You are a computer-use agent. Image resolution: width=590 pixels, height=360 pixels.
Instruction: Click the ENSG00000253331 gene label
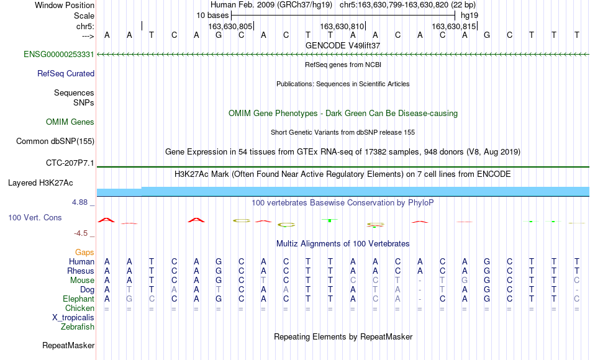click(x=59, y=54)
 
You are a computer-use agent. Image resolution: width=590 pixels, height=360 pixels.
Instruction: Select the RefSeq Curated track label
click(x=66, y=73)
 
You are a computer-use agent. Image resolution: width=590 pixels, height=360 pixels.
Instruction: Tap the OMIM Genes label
click(x=70, y=122)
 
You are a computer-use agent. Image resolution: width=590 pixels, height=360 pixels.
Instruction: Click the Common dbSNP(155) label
click(x=55, y=141)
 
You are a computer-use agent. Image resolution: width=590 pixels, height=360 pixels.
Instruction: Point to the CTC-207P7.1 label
click(x=70, y=163)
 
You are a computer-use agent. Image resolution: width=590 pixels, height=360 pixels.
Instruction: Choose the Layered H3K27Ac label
click(x=40, y=183)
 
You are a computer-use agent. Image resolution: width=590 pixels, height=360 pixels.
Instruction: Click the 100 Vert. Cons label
click(x=35, y=217)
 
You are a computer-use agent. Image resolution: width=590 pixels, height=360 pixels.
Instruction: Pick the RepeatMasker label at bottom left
click(x=68, y=345)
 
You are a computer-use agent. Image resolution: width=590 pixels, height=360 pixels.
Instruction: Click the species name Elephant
click(x=79, y=299)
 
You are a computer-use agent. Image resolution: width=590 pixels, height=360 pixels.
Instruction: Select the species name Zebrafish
click(x=78, y=326)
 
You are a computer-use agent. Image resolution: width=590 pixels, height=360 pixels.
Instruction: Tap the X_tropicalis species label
click(x=73, y=318)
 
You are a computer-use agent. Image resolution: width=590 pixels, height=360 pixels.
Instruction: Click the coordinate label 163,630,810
click(x=342, y=26)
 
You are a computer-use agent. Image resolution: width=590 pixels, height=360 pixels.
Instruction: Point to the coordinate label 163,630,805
click(x=230, y=26)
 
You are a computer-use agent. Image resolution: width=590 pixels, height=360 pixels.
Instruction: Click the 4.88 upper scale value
click(x=79, y=202)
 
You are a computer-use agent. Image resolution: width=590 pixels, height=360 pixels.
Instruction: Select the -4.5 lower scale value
click(x=81, y=233)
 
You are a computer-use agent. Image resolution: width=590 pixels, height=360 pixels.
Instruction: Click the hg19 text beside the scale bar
click(x=470, y=16)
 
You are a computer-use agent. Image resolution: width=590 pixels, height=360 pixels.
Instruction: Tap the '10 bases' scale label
click(x=212, y=16)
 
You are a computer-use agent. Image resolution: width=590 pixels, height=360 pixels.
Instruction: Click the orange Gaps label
click(x=84, y=252)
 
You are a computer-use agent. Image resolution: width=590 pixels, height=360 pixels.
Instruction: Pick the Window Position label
click(x=65, y=5)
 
